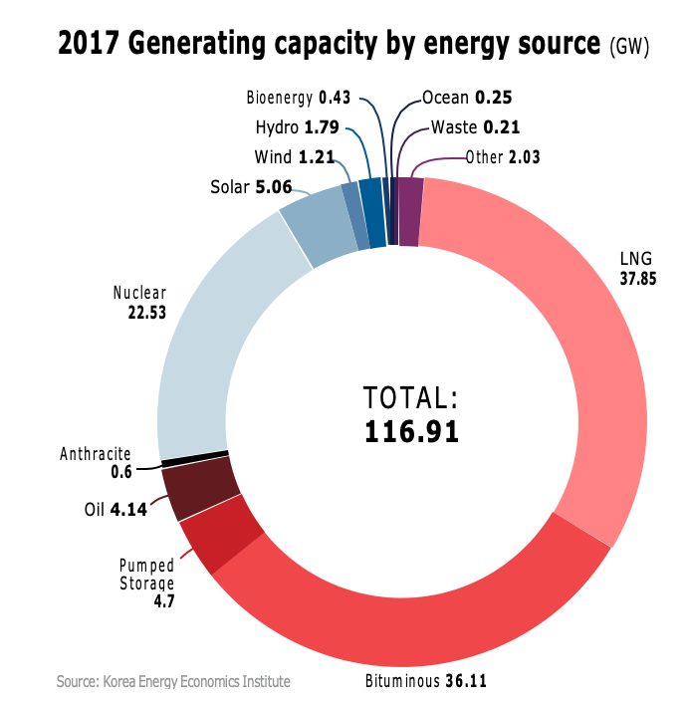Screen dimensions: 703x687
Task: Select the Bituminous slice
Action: [398, 617]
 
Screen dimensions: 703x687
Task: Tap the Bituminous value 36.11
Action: [465, 682]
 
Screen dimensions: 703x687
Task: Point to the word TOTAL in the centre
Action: [411, 398]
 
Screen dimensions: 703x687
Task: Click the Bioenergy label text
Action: [280, 98]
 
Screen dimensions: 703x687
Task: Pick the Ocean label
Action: [446, 98]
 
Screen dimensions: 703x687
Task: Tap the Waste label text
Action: [455, 127]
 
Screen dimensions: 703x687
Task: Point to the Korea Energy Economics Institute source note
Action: [173, 682]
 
